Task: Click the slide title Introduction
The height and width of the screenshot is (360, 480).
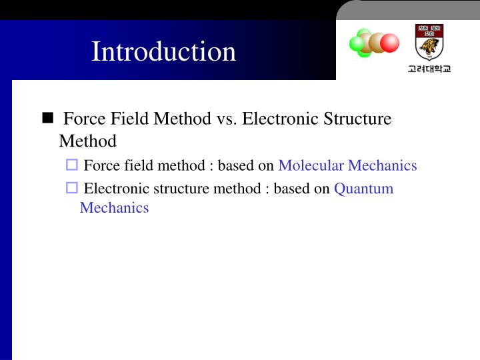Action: coord(163,51)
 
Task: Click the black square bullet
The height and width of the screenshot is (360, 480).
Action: coord(47,119)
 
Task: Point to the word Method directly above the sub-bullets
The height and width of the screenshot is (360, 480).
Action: coord(87,141)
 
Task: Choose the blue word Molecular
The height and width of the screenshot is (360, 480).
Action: coord(311,165)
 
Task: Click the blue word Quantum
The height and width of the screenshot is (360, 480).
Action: coord(363,188)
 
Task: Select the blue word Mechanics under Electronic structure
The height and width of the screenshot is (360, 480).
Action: coord(114,207)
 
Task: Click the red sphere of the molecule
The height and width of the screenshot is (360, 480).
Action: coord(389,43)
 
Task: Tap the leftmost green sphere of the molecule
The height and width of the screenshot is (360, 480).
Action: coord(357,44)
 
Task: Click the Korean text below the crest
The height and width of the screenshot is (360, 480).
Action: coord(429,69)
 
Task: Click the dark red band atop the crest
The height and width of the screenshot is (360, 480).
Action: coord(429,30)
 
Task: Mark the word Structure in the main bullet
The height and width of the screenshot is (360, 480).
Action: coord(357,119)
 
